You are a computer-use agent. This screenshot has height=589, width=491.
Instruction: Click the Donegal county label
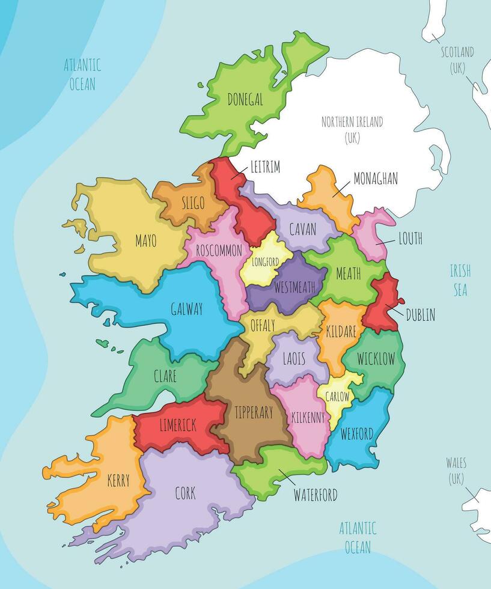tap(245, 100)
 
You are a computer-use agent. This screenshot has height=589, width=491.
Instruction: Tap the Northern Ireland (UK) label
tap(352, 129)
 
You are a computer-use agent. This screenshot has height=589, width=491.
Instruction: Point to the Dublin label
tap(420, 314)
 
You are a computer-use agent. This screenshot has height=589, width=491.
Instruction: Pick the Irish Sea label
tap(460, 280)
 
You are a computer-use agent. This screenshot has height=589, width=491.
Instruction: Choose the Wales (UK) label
tap(456, 471)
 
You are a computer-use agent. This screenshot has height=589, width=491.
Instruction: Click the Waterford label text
tap(315, 495)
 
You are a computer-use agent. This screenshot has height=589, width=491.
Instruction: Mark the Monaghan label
tap(375, 179)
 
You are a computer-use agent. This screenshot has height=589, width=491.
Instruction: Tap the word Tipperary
tap(254, 412)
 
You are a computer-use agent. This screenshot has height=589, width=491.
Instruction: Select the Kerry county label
tap(118, 481)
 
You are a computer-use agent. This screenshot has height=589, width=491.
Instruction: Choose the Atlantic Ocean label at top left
tap(82, 74)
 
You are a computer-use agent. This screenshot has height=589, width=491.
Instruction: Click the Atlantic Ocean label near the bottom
tap(358, 537)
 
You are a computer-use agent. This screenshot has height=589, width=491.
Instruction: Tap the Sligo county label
tap(192, 203)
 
